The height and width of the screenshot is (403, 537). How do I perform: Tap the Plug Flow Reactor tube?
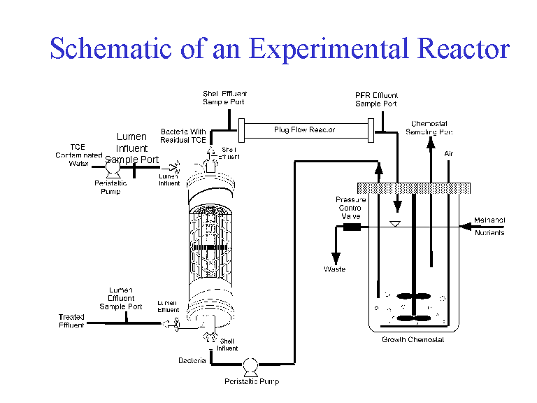pos(304,129)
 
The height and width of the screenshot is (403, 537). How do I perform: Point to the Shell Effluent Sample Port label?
pos(224,97)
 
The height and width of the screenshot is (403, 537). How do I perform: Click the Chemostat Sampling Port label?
pos(429,127)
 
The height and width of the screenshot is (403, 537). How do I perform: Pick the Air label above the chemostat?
pos(449,153)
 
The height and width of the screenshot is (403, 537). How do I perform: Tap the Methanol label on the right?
pos(489,220)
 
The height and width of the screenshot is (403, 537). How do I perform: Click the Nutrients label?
pos(489,233)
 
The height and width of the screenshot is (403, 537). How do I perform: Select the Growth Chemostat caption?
pos(413,340)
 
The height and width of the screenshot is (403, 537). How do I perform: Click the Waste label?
pos(334,269)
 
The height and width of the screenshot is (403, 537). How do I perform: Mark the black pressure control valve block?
pos(352,227)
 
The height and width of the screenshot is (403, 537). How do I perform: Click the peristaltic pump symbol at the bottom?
pos(250,364)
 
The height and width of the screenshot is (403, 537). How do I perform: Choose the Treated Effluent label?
pos(71,321)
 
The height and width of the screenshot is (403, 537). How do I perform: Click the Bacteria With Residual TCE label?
pos(183,136)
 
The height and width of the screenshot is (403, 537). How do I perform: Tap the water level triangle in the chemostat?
pos(395,224)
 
